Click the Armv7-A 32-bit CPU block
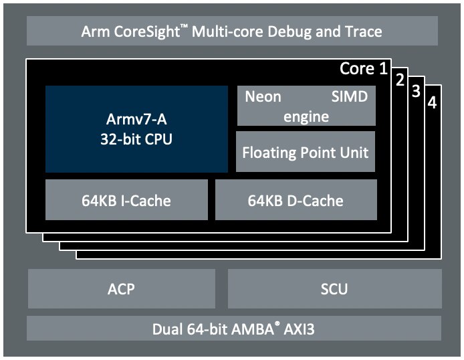[x=136, y=128]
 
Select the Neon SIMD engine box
[x=306, y=106]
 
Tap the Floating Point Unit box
[x=306, y=152]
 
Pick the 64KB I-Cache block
[x=126, y=199]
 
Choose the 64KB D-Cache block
[x=296, y=199]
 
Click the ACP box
[x=121, y=289]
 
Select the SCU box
[x=334, y=289]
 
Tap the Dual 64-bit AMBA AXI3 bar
[x=233, y=329]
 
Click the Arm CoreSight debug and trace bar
[x=231, y=31]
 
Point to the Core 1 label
[x=363, y=68]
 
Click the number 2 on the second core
[x=400, y=80]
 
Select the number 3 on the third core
[x=416, y=92]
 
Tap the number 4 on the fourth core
[x=432, y=104]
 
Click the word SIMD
[x=350, y=96]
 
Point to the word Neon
[x=263, y=96]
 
